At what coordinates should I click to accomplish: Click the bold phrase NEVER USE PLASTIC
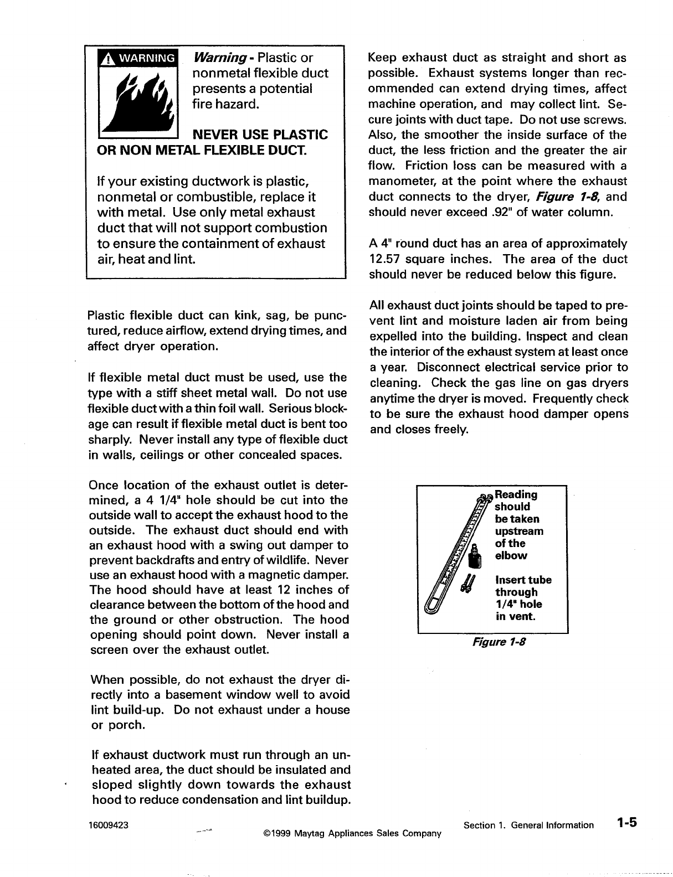[x=259, y=135]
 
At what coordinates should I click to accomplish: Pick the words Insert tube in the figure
[x=523, y=580]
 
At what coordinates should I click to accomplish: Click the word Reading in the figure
[x=516, y=494]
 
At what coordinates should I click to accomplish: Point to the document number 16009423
[x=109, y=825]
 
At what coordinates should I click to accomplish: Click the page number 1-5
[x=626, y=823]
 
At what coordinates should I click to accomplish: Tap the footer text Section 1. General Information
[x=528, y=825]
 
